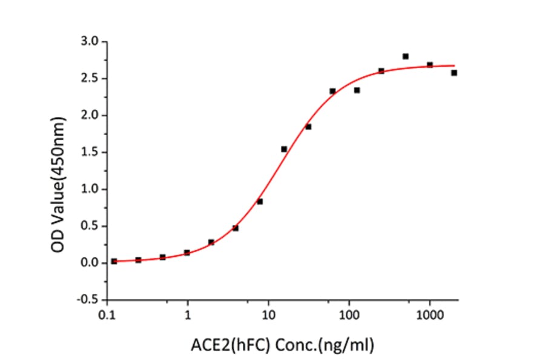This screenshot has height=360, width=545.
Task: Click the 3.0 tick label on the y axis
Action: click(x=91, y=42)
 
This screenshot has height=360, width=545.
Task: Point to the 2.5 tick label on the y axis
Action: click(x=91, y=79)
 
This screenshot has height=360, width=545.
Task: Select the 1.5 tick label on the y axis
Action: click(x=91, y=153)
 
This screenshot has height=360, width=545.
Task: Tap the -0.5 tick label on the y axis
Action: click(x=90, y=300)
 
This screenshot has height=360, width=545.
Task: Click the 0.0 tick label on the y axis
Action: click(x=91, y=263)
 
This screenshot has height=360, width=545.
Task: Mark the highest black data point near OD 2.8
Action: click(x=405, y=56)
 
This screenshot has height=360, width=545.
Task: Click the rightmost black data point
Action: click(x=454, y=73)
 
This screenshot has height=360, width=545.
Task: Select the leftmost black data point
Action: click(x=114, y=261)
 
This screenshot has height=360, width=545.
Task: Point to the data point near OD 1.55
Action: click(x=284, y=149)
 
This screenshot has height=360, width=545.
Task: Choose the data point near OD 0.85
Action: click(x=260, y=201)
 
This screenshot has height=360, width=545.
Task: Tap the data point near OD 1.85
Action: click(x=308, y=127)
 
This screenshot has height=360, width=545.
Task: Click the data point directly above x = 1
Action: click(x=187, y=252)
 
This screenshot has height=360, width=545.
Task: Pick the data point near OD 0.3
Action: click(x=211, y=242)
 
